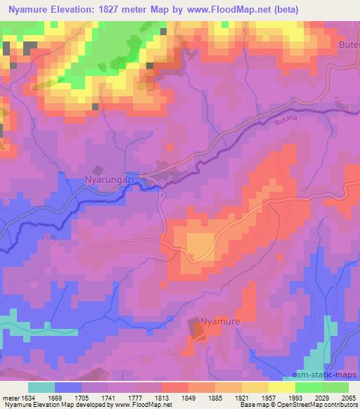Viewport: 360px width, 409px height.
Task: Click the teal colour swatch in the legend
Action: (41, 387)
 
